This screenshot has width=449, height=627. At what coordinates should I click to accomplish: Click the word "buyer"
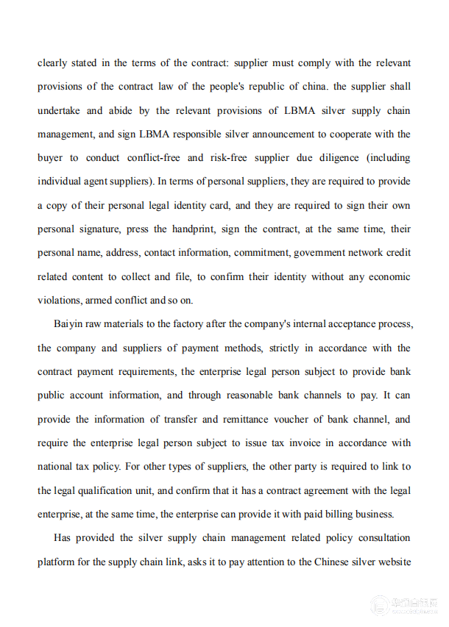click(x=51, y=157)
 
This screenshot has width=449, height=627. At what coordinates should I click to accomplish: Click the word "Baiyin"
click(x=70, y=324)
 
